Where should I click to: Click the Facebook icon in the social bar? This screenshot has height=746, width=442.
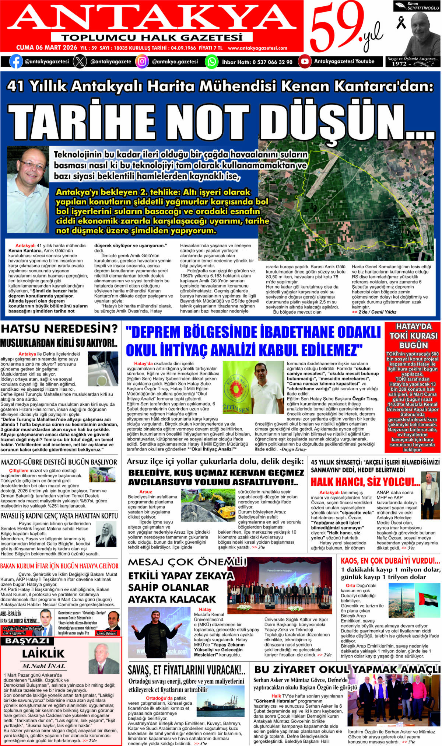(16, 62)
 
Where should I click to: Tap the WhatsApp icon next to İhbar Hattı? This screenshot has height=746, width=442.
(212, 62)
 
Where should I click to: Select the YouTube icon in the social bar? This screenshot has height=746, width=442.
(305, 62)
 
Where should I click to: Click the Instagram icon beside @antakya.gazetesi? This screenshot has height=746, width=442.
(142, 62)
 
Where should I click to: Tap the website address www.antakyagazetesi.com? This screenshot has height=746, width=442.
(257, 48)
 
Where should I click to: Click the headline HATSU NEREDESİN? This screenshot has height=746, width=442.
(59, 328)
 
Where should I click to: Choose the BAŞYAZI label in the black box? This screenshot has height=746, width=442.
(27, 641)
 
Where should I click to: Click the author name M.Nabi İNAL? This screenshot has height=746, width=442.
(43, 666)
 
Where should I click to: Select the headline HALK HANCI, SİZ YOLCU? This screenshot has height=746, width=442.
(365, 482)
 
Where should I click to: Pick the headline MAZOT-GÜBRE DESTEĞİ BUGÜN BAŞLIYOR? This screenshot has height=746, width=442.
(59, 462)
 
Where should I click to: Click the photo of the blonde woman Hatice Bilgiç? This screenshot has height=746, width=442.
(106, 534)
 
